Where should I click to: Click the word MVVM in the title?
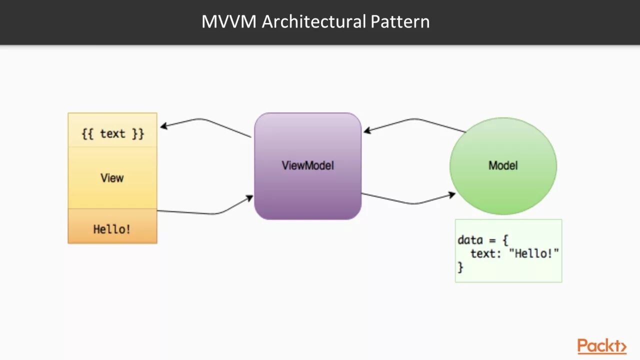click(x=229, y=21)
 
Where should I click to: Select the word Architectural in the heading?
click(x=313, y=21)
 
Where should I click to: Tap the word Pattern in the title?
click(x=400, y=21)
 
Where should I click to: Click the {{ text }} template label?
click(x=113, y=133)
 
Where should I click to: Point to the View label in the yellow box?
click(x=112, y=178)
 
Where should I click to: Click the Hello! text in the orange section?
click(x=111, y=229)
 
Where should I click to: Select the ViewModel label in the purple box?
click(x=307, y=165)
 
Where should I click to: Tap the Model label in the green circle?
click(x=503, y=165)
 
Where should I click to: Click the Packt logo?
click(x=601, y=345)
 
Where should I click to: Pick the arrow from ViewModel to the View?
click(x=204, y=120)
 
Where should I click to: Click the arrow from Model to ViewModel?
click(x=414, y=119)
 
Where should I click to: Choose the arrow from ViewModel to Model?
click(x=411, y=203)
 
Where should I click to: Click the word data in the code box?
click(x=470, y=240)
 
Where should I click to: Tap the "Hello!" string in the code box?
click(x=533, y=253)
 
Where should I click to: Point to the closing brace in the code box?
click(x=460, y=267)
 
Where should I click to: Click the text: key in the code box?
click(x=485, y=253)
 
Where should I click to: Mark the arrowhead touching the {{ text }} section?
click(x=163, y=125)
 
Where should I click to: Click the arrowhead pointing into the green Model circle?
click(x=452, y=195)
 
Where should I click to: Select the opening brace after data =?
click(x=505, y=240)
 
